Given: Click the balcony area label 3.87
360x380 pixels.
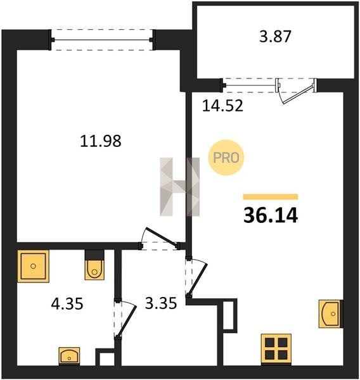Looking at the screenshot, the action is pos(275,37).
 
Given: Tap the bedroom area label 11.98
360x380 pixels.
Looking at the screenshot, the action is pos(100,141).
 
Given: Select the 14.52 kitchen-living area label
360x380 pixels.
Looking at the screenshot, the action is pos(222,106).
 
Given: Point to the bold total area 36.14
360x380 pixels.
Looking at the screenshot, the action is pos(271,215).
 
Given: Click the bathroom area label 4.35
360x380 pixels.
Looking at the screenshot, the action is pos(67,303).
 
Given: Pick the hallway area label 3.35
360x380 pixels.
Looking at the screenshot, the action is pos(161,303).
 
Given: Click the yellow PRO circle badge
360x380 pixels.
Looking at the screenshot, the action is pos(226,158).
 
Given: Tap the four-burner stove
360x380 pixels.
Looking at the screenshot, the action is pos(276,349).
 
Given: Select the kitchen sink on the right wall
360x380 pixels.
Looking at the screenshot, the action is pos(331,314).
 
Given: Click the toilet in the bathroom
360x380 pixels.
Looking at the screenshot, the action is pos(94,265).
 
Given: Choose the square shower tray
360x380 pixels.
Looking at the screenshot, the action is pos(33,266).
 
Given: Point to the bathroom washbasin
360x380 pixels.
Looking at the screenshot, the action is pos(69,356).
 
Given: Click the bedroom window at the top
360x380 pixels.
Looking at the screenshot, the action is pos(102,39).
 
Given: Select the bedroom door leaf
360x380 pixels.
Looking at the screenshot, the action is pos(161,237).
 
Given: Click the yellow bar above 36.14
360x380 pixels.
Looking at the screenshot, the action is pos(271,196).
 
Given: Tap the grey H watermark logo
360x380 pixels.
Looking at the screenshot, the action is pos(180,187).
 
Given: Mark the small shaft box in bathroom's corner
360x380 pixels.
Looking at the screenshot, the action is pos(105,357).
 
